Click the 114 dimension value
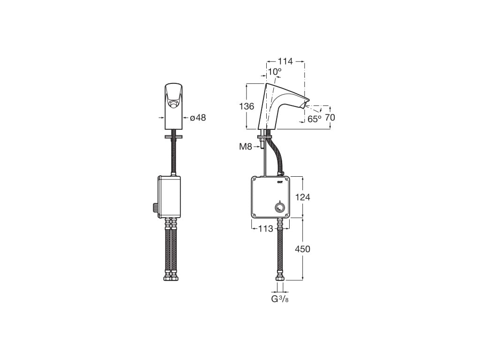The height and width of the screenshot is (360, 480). click(285, 61)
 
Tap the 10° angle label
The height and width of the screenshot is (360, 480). click(275, 72)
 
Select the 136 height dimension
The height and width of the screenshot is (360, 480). click(247, 106)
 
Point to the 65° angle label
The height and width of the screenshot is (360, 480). click(315, 119)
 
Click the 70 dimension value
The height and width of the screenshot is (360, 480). click(330, 118)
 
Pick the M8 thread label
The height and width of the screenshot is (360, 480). click(246, 147)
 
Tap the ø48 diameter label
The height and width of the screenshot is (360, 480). click(198, 118)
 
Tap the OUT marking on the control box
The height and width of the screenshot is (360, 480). click(280, 182)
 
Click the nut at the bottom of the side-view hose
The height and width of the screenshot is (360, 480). click(280, 277)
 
